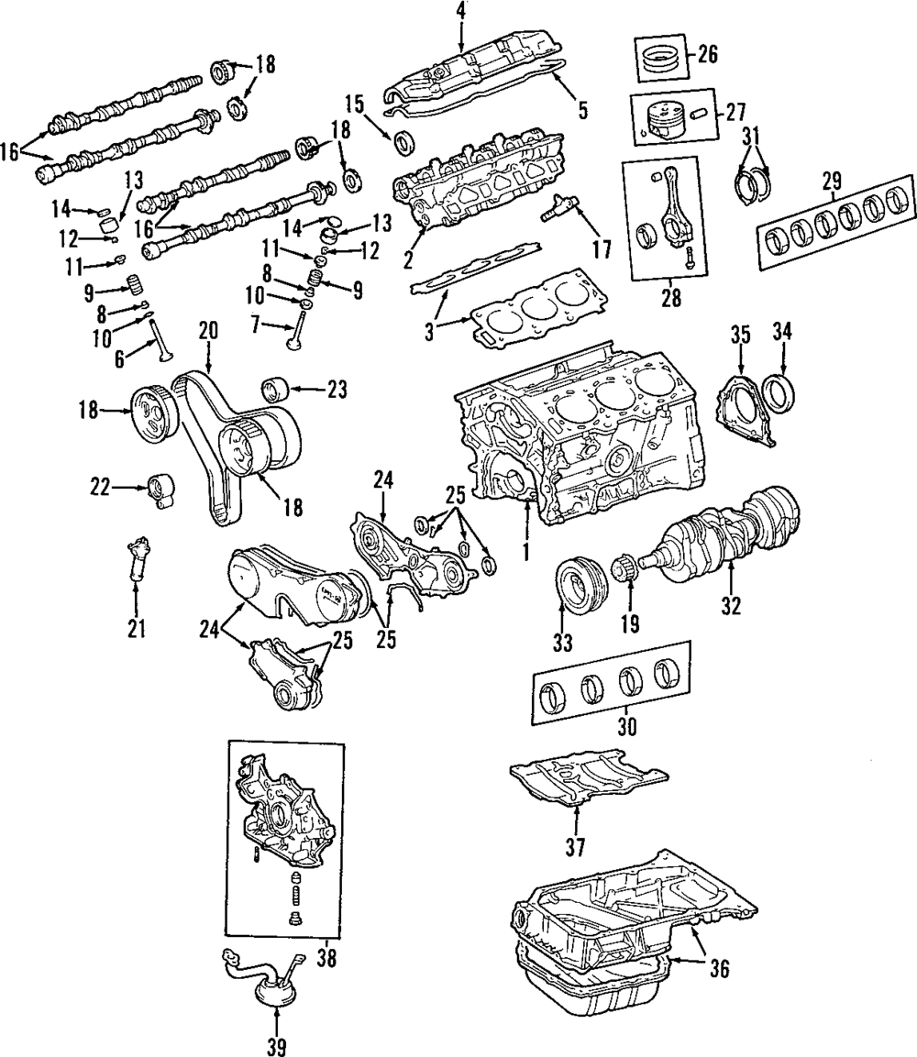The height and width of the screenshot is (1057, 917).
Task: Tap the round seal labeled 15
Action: [x=403, y=142]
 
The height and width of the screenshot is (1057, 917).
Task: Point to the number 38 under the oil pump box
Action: [x=326, y=959]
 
